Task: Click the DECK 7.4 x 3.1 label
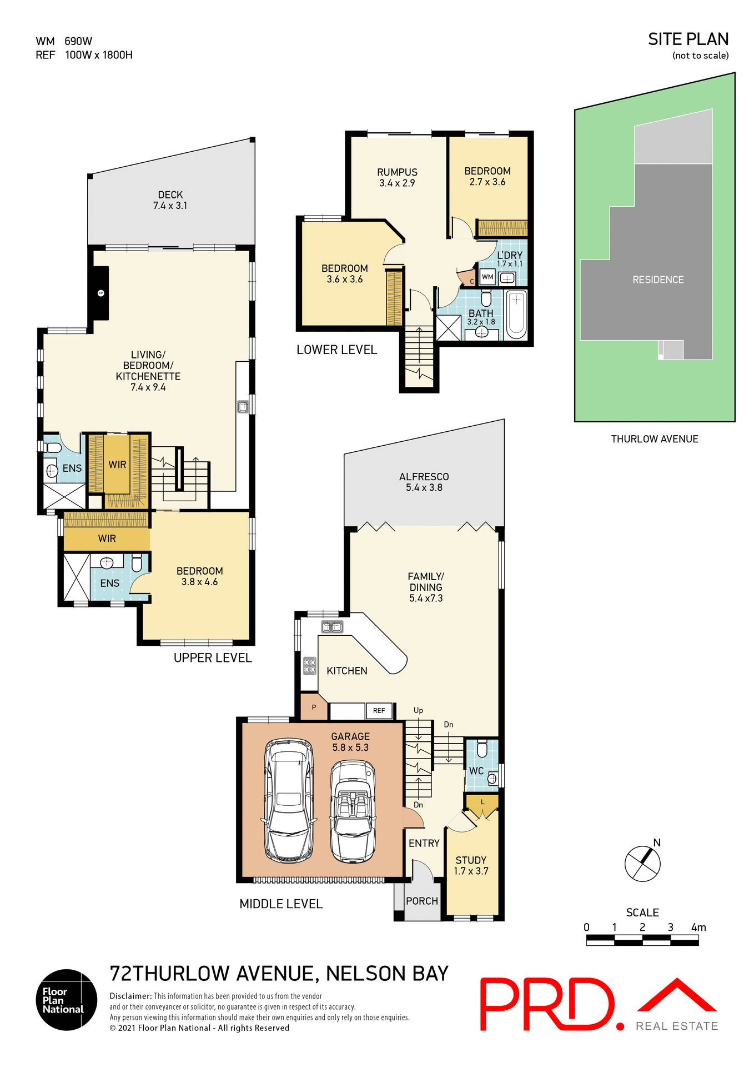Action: point(170,200)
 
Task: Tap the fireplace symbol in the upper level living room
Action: point(100,293)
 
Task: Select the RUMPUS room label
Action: point(397,177)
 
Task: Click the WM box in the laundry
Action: point(487,277)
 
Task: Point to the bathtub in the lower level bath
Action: point(516,314)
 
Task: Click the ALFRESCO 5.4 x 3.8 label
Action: point(424,482)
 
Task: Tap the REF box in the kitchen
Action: point(379,710)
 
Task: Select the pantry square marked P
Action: point(314,707)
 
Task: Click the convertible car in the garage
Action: point(353,811)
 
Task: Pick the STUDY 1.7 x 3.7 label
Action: point(471,865)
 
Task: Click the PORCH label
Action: point(422,901)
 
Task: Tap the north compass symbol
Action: point(642,863)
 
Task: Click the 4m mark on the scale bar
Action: point(698,927)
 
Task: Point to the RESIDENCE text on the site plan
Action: point(658,280)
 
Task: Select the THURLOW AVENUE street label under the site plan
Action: point(655,439)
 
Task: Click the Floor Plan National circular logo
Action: point(67,1000)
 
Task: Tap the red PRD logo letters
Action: point(547,1004)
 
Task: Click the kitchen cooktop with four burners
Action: point(309,666)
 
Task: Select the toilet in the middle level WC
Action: point(482,750)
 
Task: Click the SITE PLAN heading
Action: point(688,39)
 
